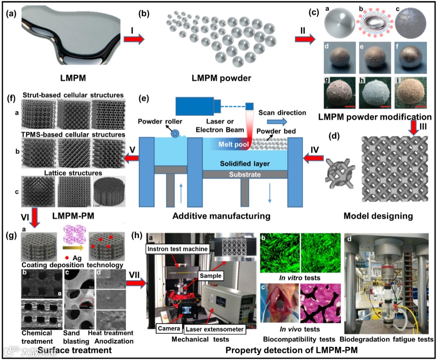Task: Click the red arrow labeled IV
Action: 312,159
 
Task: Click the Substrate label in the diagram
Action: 244,175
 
